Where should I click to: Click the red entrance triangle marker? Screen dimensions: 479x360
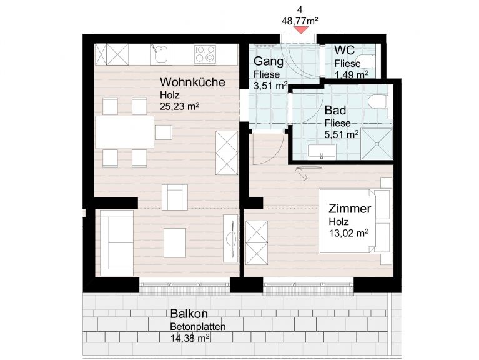301,30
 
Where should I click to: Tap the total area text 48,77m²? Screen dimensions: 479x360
300,21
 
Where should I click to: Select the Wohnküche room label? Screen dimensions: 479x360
192,82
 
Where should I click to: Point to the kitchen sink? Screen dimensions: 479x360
160,54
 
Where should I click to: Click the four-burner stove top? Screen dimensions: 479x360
205,54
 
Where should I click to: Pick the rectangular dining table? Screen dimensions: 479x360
125,132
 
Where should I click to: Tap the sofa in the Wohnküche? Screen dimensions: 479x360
117,242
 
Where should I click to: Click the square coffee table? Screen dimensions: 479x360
175,243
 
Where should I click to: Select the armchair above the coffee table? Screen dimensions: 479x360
175,197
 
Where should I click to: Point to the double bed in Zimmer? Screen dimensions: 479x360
355,221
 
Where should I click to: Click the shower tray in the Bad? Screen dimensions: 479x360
377,144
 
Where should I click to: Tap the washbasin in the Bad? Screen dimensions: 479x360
322,152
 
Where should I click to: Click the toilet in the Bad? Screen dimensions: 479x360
378,101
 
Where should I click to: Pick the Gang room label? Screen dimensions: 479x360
269,61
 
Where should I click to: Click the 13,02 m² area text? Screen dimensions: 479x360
348,233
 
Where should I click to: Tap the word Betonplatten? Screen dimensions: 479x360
198,327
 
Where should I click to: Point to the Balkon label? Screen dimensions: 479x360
189,314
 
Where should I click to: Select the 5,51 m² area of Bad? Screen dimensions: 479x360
342,134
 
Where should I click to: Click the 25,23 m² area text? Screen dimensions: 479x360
180,106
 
